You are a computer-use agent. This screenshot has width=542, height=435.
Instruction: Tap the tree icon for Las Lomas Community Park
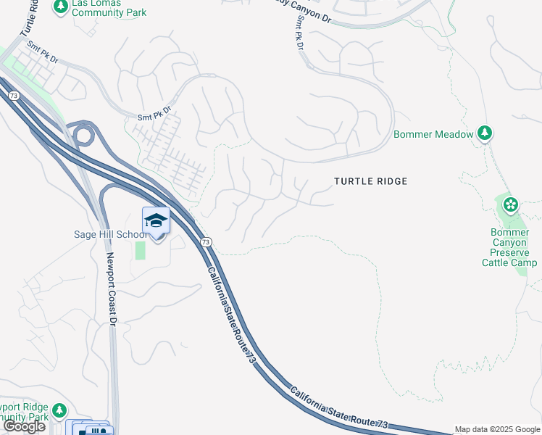pos(60,7)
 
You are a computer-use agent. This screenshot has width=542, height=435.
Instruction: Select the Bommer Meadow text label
pos(433,134)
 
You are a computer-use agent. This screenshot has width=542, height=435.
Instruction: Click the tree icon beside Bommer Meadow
pos(485,133)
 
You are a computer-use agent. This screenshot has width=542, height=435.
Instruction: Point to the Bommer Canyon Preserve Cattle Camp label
pos(510,247)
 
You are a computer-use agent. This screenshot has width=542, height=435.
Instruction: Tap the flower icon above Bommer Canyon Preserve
pos(511,204)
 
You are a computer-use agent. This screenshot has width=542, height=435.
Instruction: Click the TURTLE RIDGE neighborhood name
pos(371,181)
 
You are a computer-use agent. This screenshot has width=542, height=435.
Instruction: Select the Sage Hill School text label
pos(110,233)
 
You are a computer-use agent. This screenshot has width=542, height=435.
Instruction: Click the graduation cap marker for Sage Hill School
pos(156,220)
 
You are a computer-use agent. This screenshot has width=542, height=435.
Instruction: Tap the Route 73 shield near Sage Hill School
pos(207,241)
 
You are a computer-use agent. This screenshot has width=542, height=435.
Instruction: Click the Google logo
pos(24,426)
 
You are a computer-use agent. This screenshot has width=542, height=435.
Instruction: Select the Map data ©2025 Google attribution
pos(497,429)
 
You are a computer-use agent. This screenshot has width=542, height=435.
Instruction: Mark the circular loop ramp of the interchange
pos(83,134)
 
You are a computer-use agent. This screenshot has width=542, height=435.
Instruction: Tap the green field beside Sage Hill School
pos(140,250)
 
